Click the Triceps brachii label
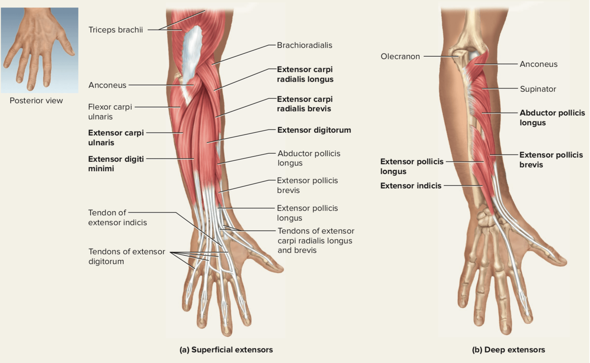click(116, 30)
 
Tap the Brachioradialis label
click(304, 45)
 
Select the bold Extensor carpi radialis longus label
click(305, 74)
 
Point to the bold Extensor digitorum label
click(314, 130)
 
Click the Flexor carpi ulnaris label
click(110, 112)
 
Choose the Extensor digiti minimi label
click(116, 164)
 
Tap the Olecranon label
click(400, 56)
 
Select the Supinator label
click(538, 89)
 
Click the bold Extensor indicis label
click(411, 186)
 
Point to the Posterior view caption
click(36, 101)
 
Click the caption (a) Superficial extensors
click(226, 350)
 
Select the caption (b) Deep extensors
click(508, 350)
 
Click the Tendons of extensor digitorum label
click(126, 256)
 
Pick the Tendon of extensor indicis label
click(117, 218)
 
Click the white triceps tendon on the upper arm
click(191, 53)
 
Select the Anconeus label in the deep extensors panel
click(538, 64)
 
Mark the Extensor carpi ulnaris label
click(116, 138)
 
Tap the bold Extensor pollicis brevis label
click(551, 160)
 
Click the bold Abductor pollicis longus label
click(552, 118)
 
